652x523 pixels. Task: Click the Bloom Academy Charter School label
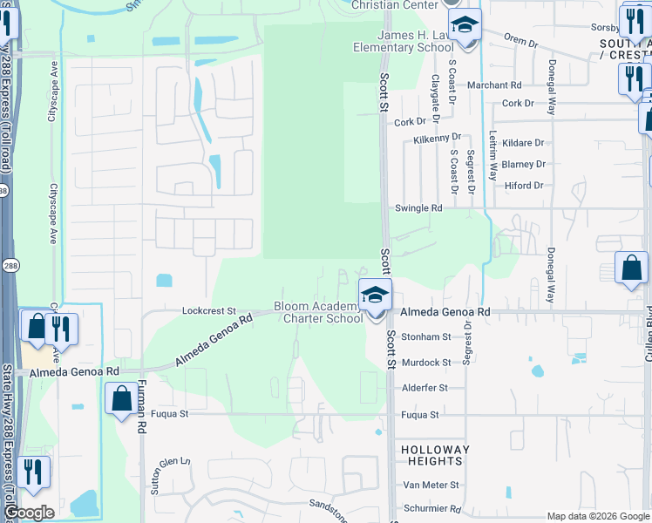[319, 312]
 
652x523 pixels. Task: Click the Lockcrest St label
[209, 310]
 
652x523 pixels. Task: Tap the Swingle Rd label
[419, 208]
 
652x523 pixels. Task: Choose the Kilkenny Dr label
[437, 139]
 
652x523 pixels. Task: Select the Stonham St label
[426, 336]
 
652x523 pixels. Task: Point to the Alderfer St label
[424, 388]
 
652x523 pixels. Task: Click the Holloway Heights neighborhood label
[435, 455]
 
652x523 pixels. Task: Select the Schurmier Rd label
[431, 508]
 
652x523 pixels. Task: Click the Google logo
[29, 513]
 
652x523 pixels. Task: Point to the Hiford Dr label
[524, 186]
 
